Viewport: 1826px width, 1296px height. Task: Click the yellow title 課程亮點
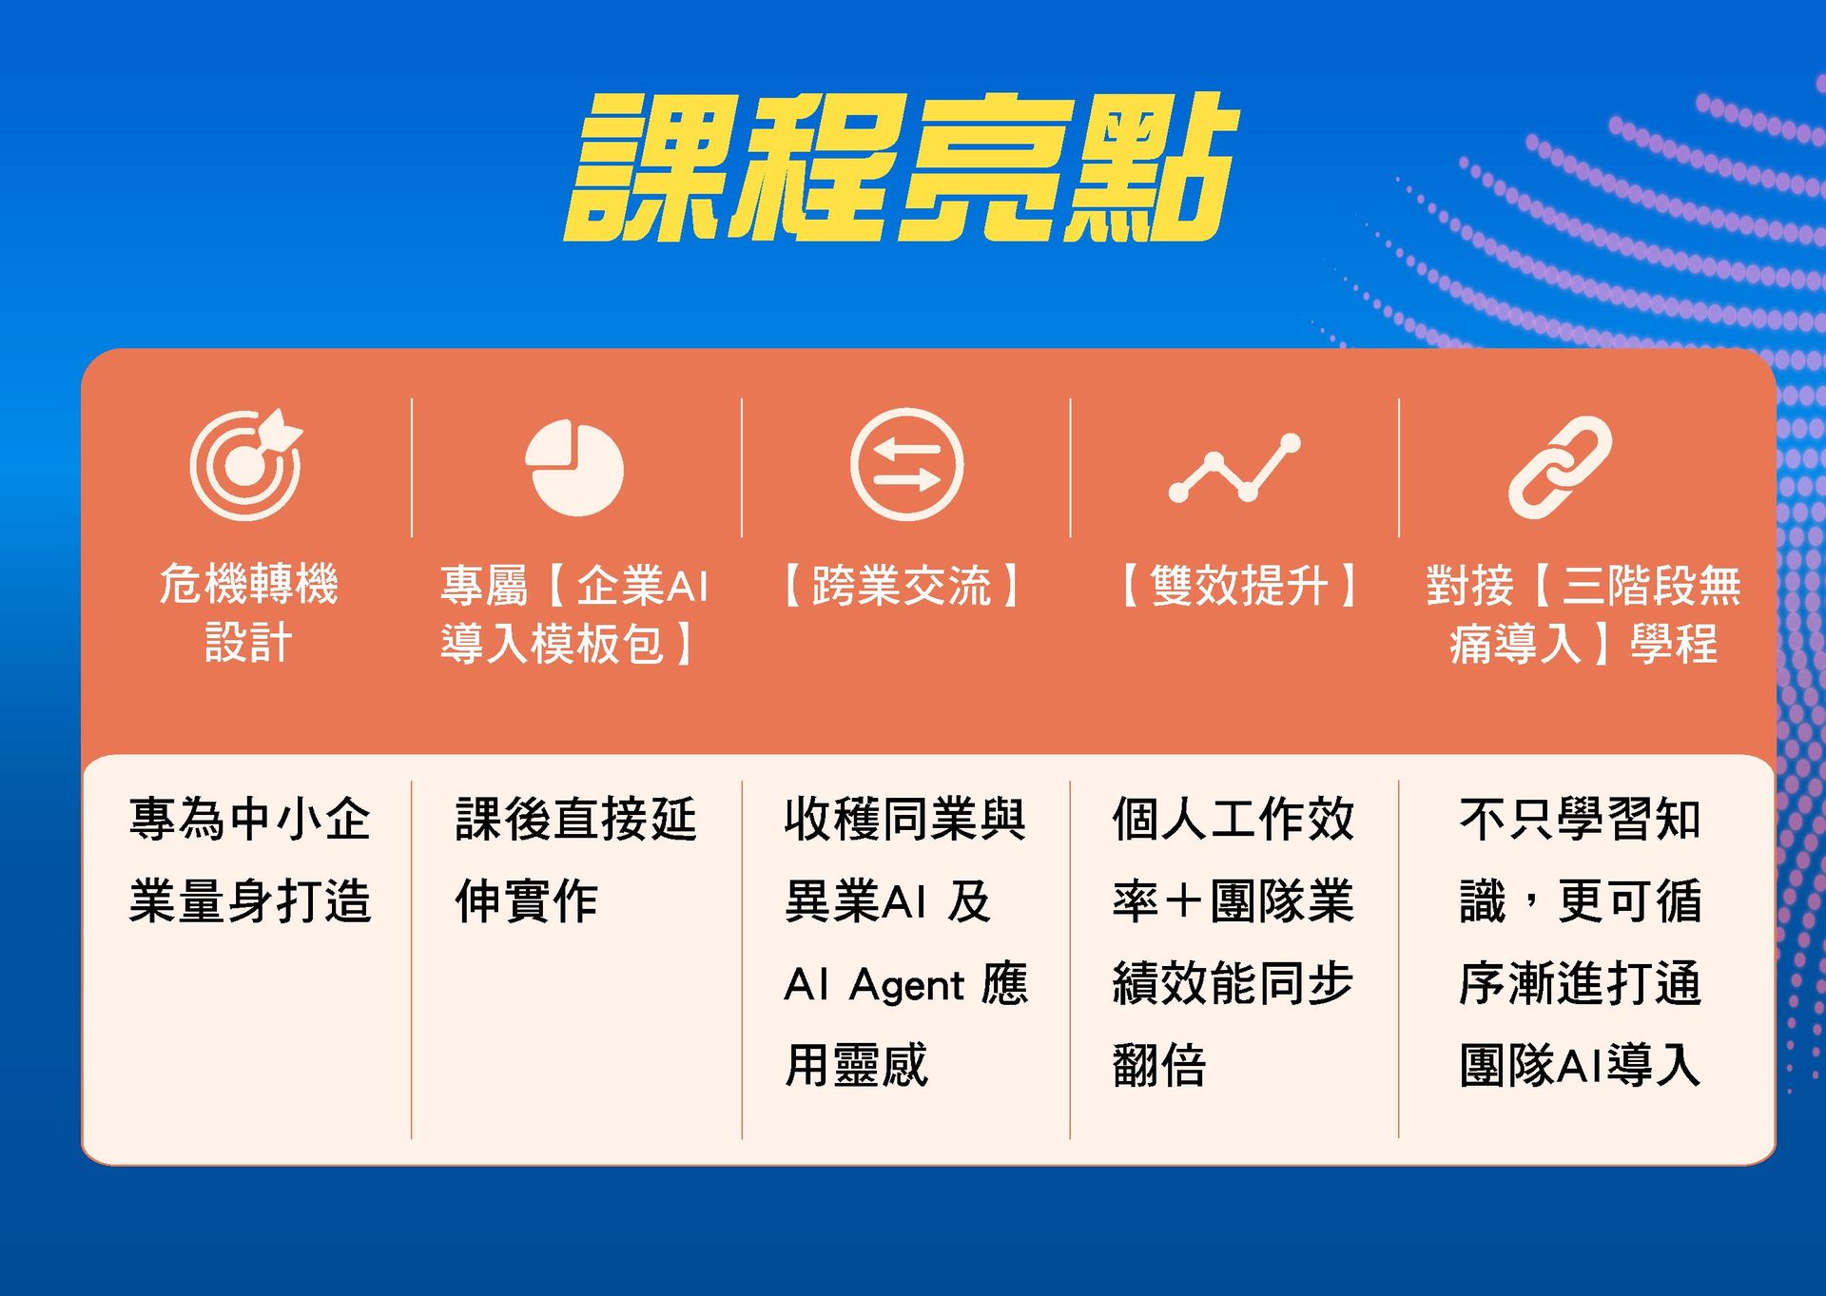coord(902,167)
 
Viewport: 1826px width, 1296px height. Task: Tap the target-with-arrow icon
coord(245,465)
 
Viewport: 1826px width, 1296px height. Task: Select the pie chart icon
coord(574,468)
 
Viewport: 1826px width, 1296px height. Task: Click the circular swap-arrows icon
coord(906,465)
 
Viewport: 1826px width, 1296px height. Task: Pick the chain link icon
coord(1561,468)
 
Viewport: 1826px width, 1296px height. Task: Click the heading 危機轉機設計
coord(248,612)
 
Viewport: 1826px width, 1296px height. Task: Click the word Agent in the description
coord(907,984)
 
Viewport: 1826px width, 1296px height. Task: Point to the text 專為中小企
coord(249,819)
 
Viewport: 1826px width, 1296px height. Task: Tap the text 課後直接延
coord(576,819)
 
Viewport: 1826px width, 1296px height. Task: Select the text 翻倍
coord(1159,1065)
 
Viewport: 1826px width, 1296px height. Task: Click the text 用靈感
coord(856,1065)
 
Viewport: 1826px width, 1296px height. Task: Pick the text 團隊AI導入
coord(1580,1065)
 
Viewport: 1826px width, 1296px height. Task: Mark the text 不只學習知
coord(1580,819)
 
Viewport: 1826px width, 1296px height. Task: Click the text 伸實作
coord(527,900)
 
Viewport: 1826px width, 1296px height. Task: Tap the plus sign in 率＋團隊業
coord(1184,900)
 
